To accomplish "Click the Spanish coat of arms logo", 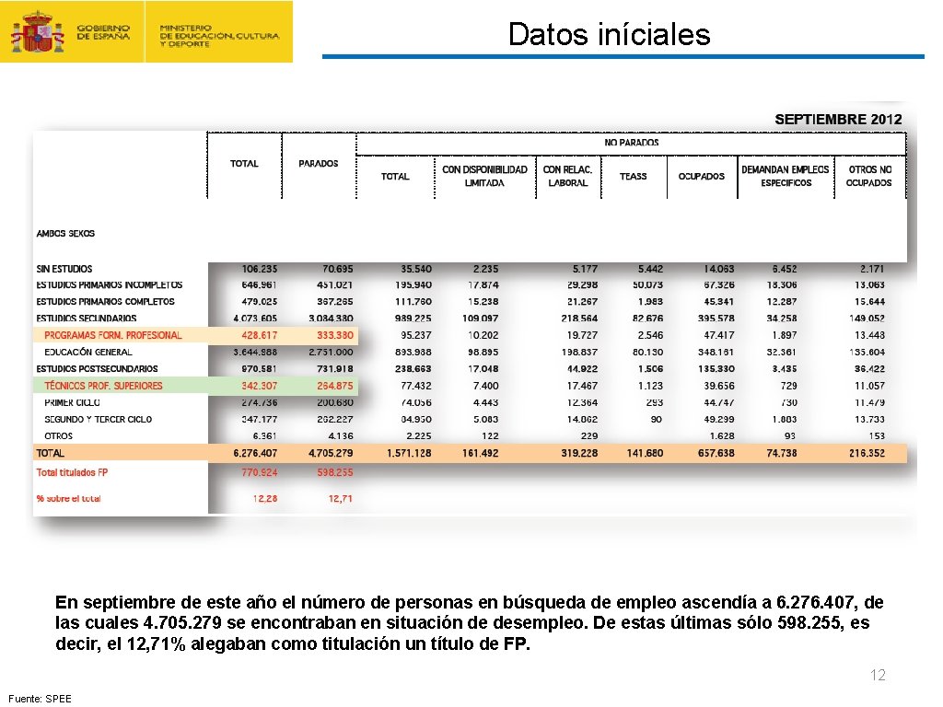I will click(37, 33).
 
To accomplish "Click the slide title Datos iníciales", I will click(609, 35).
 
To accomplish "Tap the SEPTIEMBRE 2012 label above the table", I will click(838, 120).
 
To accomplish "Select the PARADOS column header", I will click(319, 164).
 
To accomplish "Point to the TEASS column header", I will click(633, 176).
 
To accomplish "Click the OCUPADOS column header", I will click(701, 176).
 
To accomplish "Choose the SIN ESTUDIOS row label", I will click(64, 269).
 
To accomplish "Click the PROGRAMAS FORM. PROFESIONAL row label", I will click(113, 335).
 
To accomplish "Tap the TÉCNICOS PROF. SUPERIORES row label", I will click(103, 386).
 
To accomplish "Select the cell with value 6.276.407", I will click(255, 453).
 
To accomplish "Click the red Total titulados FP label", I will click(72, 472).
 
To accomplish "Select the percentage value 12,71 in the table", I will click(340, 498).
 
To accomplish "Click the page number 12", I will click(878, 676).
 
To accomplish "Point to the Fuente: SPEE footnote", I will click(39, 699).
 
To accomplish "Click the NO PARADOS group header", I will click(631, 143).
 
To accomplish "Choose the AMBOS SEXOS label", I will click(65, 234).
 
